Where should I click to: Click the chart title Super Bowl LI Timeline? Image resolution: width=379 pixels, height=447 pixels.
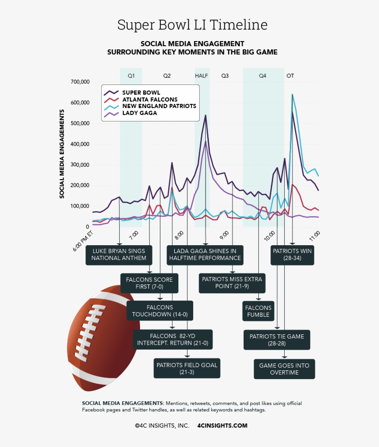(192, 24)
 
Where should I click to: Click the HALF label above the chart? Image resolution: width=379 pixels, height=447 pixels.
(202, 75)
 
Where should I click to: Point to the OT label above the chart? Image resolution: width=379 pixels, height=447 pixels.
(290, 75)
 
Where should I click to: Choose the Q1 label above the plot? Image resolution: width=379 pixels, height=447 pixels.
(131, 75)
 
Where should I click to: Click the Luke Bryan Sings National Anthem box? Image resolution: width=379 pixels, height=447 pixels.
(119, 254)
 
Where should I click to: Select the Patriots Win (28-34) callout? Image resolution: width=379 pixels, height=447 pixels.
(292, 254)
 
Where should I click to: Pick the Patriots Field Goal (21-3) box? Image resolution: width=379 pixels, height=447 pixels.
(187, 368)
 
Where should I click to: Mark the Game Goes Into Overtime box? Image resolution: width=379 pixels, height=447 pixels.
(284, 368)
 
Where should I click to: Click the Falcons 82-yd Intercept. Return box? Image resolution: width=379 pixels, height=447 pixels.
(172, 339)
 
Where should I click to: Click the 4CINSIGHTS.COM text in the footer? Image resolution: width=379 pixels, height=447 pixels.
(222, 425)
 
